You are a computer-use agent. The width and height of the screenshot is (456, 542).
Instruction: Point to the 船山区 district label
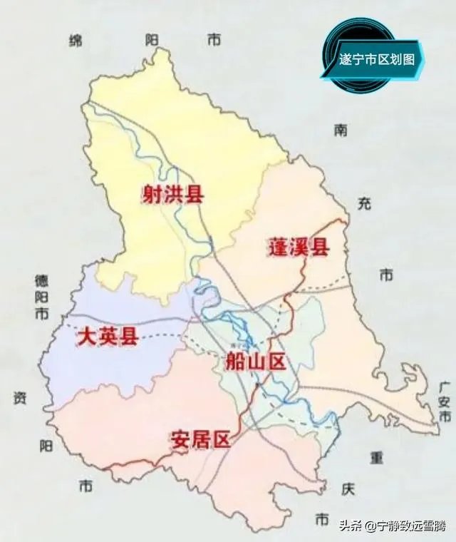254,362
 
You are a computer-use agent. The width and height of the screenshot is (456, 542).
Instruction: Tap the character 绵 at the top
76,41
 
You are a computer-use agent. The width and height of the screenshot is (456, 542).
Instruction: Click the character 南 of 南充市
341,130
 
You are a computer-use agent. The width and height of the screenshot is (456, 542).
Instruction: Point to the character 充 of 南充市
364,204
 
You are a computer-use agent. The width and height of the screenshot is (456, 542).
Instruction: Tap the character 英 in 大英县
107,336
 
